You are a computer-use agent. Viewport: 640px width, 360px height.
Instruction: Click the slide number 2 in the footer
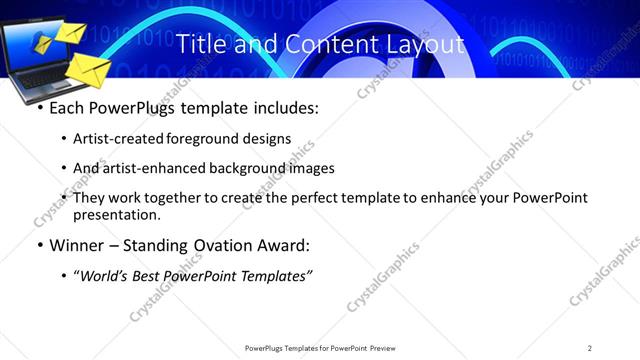coord(590,348)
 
